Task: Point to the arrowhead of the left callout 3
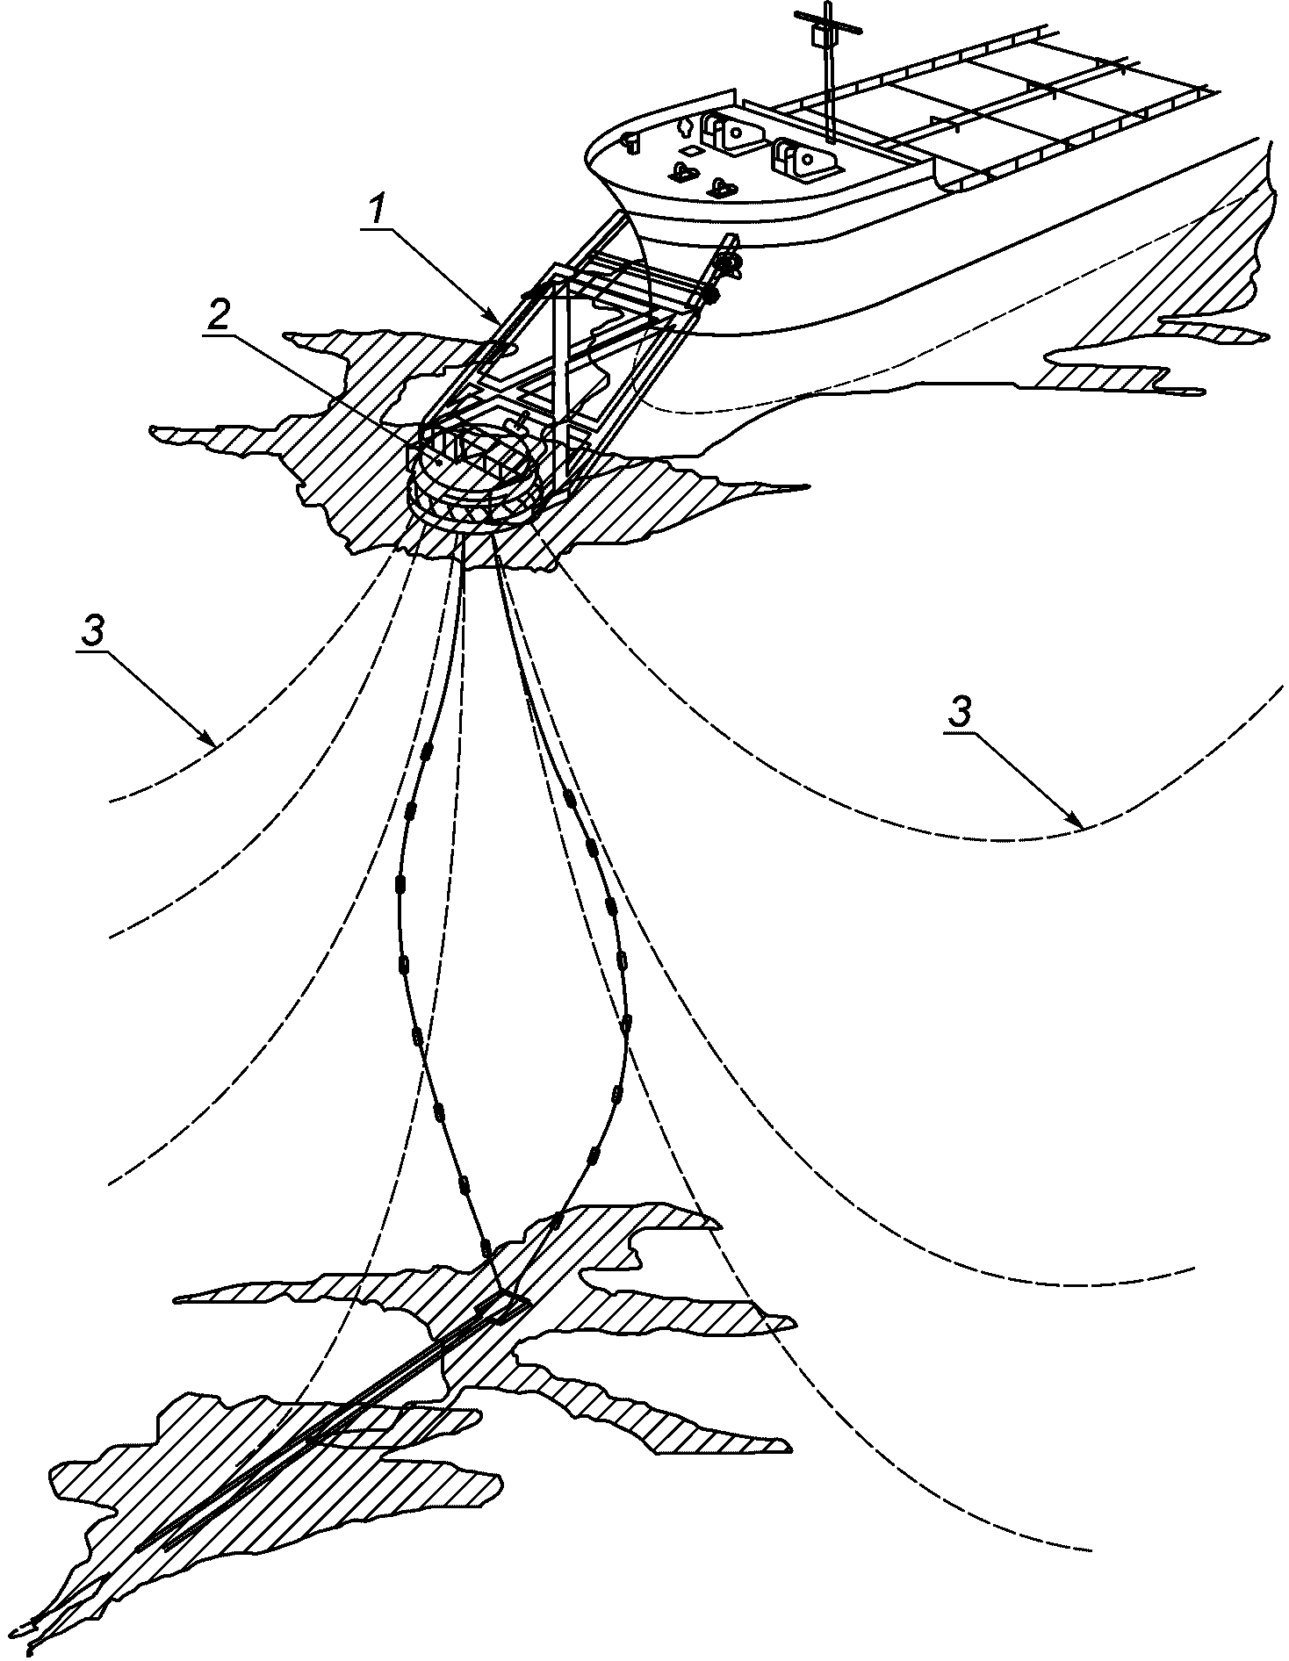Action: (212, 745)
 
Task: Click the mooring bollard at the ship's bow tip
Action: (629, 140)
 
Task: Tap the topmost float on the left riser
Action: (428, 751)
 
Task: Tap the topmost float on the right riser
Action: (572, 799)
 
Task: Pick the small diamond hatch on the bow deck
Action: (693, 152)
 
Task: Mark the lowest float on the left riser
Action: (484, 1248)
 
